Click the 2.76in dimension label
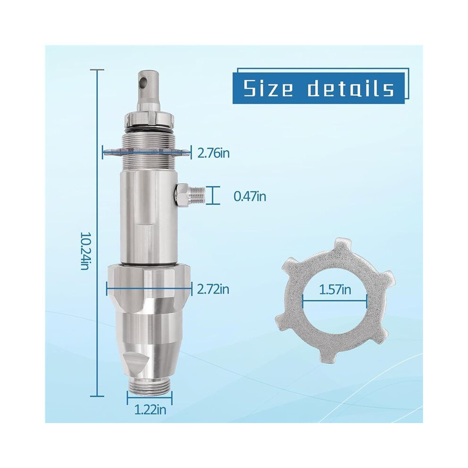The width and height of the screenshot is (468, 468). click(214, 154)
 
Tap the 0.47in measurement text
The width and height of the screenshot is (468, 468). click(250, 196)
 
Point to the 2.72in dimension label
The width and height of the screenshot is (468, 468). click(214, 289)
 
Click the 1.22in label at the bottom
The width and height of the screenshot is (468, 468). click(150, 410)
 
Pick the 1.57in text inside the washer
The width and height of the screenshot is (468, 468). click(335, 289)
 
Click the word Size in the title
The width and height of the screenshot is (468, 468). click(269, 88)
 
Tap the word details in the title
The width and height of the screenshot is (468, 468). click(351, 88)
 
